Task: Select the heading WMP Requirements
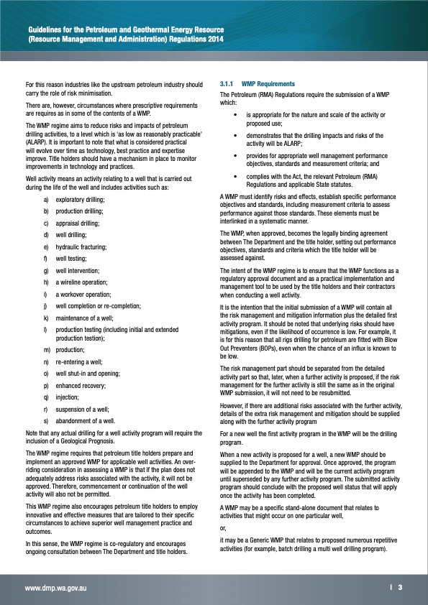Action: pyautogui.click(x=265, y=83)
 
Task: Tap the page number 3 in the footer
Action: pyautogui.click(x=400, y=587)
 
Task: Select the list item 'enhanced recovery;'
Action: pyautogui.click(x=80, y=385)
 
